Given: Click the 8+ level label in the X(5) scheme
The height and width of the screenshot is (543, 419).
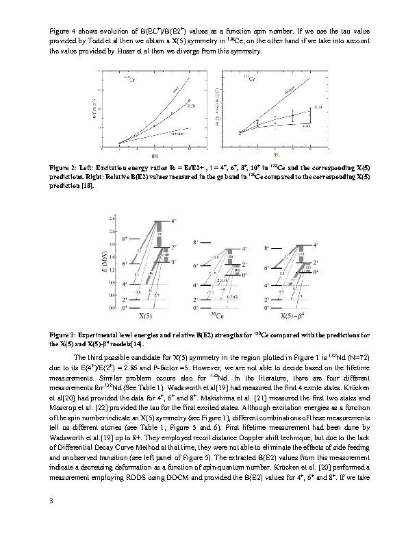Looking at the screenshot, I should point(125,239).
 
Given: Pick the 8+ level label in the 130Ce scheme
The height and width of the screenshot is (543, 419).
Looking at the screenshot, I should point(196,242).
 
